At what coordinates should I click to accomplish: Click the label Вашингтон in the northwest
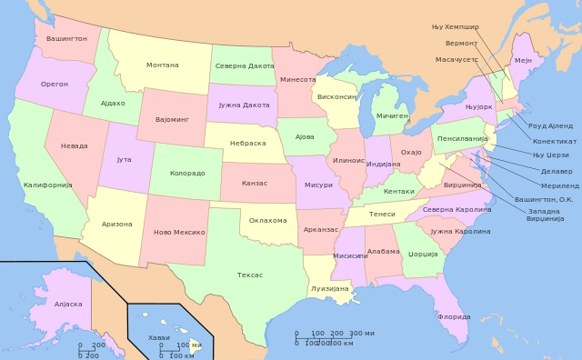[66, 39]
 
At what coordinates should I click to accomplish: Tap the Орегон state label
[55, 84]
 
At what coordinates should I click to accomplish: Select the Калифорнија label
[47, 185]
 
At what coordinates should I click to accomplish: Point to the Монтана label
[163, 65]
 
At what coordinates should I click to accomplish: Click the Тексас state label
[250, 275]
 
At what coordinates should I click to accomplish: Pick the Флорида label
[454, 316]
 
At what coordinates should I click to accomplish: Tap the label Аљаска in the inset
[68, 304]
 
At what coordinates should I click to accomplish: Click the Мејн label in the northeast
[523, 60]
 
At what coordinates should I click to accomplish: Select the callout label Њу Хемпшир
[456, 26]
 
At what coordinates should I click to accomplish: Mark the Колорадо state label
[187, 172]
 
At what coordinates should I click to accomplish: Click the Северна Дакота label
[245, 65]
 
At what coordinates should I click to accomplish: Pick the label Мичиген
[393, 116]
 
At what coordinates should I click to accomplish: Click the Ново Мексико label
[177, 233]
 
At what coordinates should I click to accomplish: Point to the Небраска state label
[247, 143]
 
